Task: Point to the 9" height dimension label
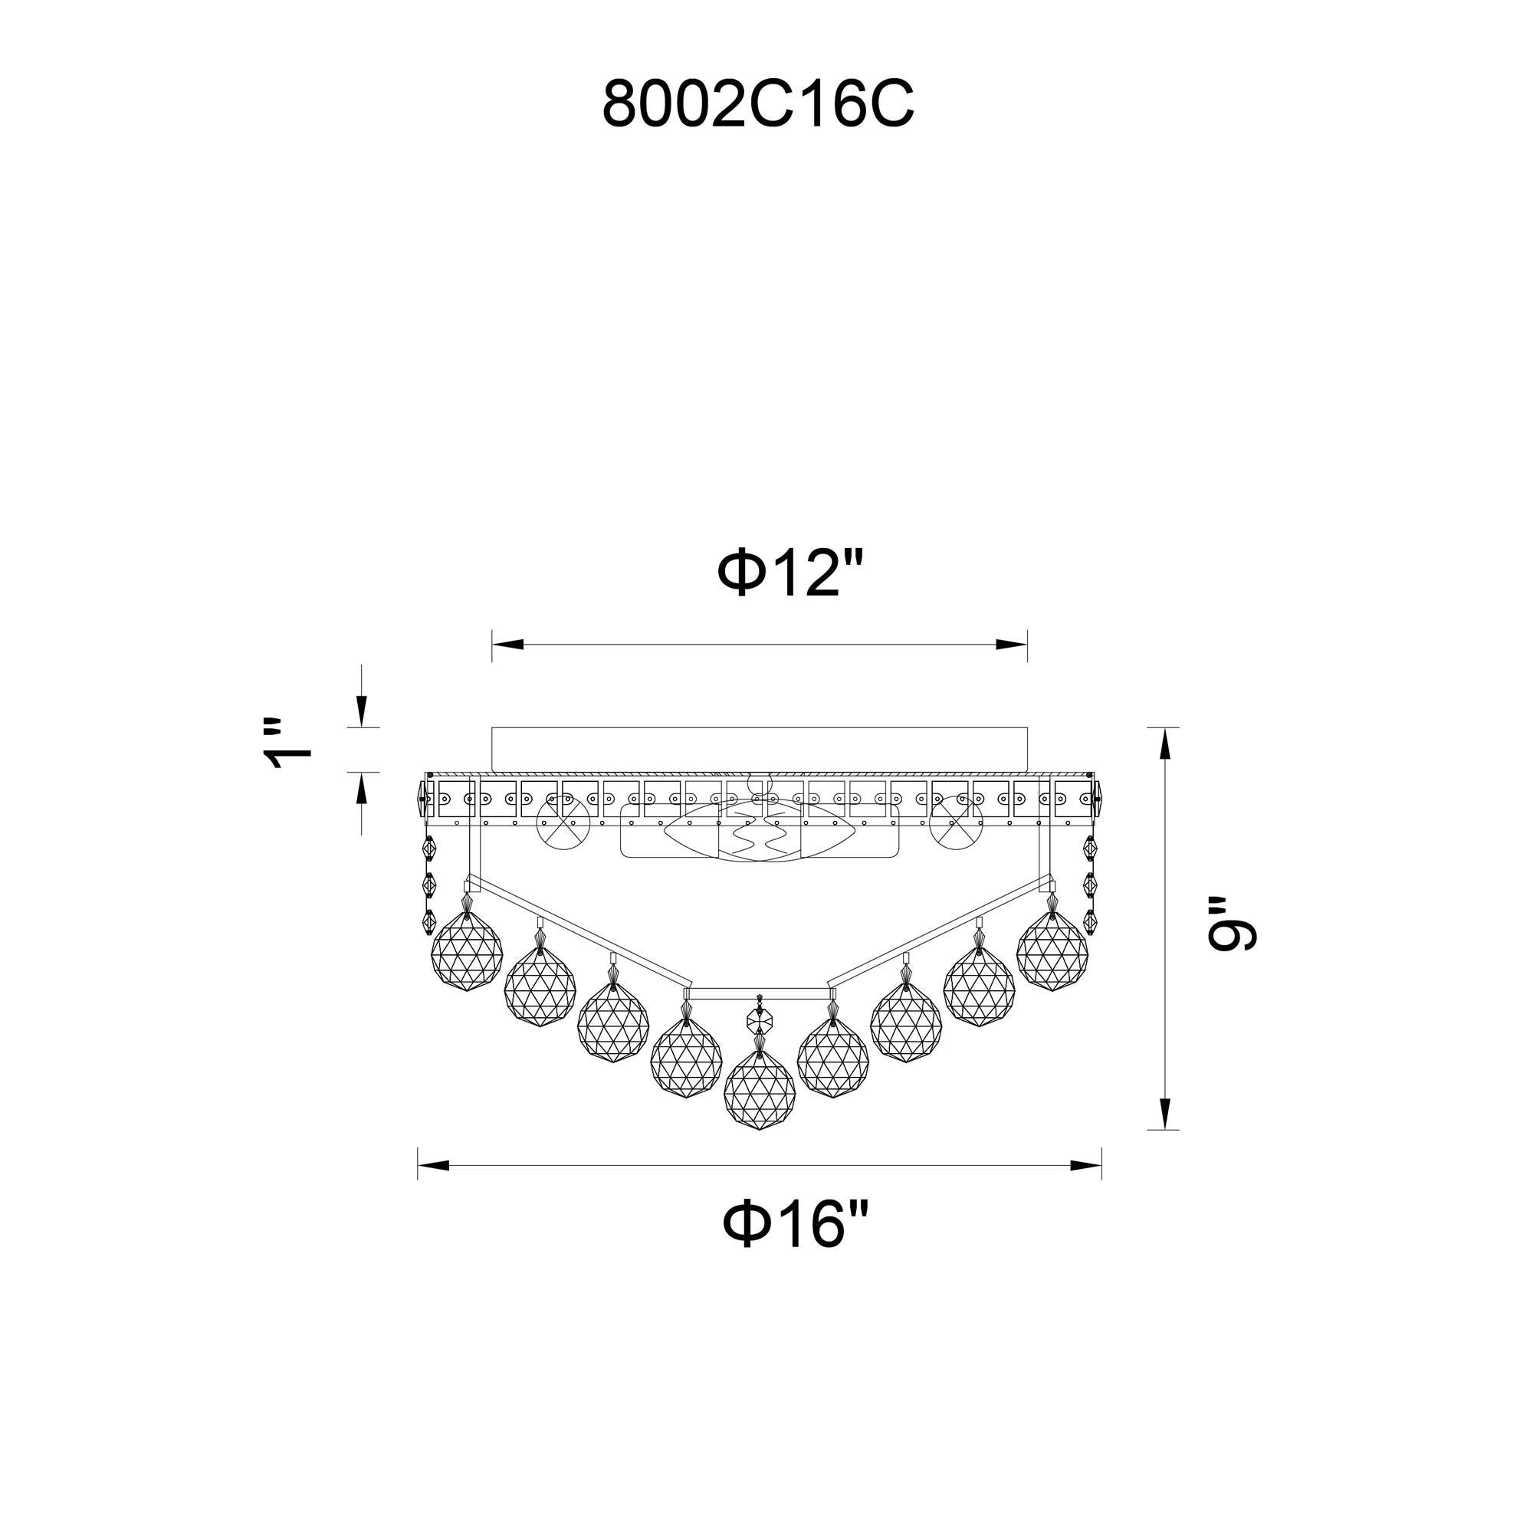1231,925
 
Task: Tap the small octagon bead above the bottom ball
760,1017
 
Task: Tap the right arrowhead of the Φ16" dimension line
1086,1166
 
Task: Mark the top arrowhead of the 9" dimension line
1164,743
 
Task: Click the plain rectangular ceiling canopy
760,748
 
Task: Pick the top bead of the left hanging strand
429,848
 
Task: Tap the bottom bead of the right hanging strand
1089,921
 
